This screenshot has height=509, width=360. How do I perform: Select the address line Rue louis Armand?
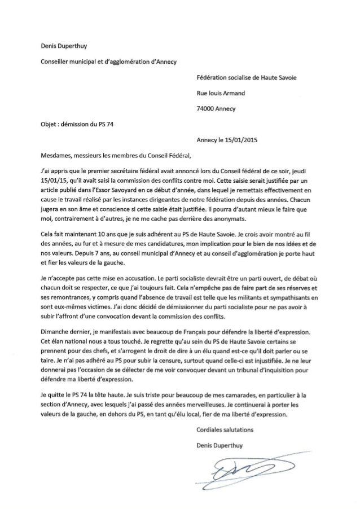pyautogui.click(x=221, y=94)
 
